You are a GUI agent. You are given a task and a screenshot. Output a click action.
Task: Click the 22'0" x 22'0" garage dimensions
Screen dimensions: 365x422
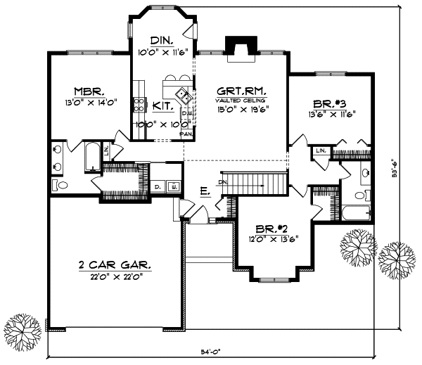pos(115,276)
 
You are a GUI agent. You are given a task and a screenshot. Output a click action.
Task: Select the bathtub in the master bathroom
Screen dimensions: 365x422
pos(92,156)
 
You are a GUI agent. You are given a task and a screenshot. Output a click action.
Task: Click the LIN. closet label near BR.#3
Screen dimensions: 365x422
pos(321,151)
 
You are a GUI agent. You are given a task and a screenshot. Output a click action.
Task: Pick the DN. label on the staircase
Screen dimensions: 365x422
pos(224,182)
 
